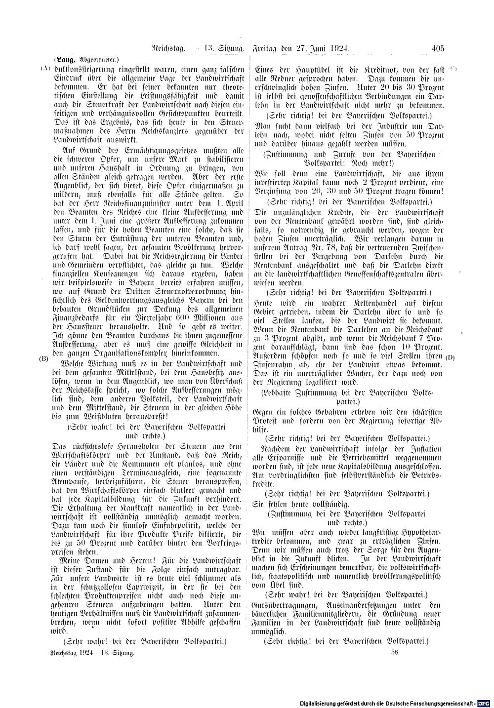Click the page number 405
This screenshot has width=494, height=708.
(438, 48)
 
